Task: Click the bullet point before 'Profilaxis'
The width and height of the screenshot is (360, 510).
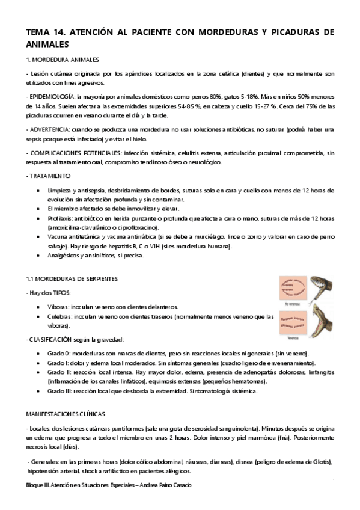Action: (x=40, y=218)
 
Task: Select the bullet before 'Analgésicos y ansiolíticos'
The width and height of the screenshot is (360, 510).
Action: (x=40, y=255)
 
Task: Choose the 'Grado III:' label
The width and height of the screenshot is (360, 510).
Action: (x=61, y=392)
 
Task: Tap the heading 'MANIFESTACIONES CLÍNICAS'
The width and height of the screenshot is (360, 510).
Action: (x=66, y=414)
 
